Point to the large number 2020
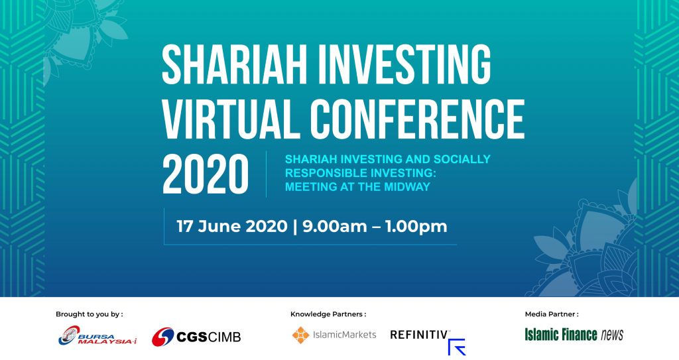[x=206, y=174]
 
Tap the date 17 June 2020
[x=231, y=226]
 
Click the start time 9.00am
[x=335, y=226]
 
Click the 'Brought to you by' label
[x=90, y=314]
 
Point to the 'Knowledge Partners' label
[x=328, y=314]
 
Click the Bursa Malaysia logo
[x=97, y=336]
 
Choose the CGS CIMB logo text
[x=209, y=337]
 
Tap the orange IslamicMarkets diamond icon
[x=300, y=334]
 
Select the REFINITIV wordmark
[x=420, y=335]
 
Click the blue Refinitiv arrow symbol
[x=457, y=347]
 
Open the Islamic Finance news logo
[x=574, y=335]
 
